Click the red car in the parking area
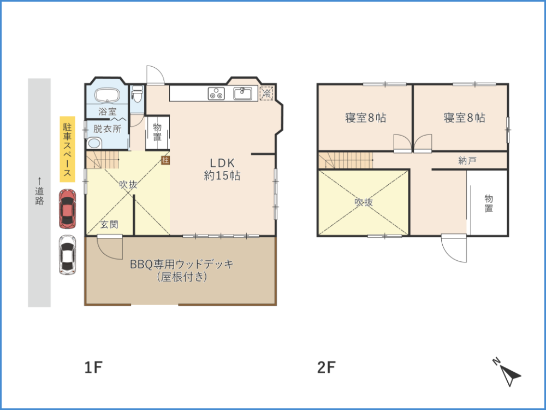(x=67, y=209)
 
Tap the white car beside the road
(x=67, y=255)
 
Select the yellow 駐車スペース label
(x=67, y=149)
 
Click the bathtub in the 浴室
(x=108, y=95)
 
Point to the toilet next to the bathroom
(x=138, y=94)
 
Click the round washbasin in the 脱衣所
(x=94, y=143)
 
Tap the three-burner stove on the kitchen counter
(x=216, y=93)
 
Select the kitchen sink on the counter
(x=243, y=93)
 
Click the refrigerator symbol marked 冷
(x=267, y=93)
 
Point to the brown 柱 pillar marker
(x=165, y=160)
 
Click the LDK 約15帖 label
(x=222, y=169)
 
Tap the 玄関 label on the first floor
(x=109, y=225)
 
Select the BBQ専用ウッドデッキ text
(x=182, y=264)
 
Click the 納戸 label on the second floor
(x=467, y=161)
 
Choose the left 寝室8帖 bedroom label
(x=366, y=118)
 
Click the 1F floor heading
(x=93, y=367)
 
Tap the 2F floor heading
(x=327, y=367)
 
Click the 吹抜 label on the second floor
(x=364, y=202)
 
